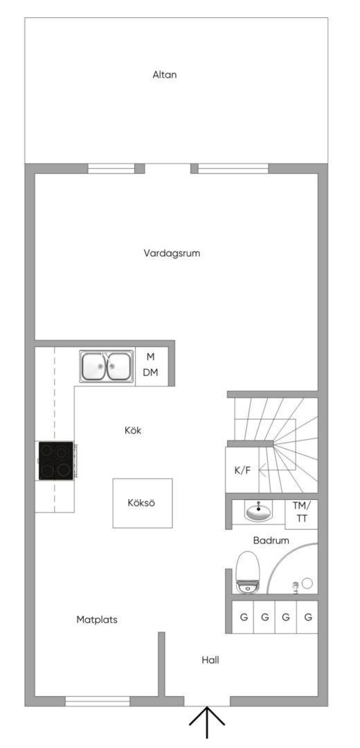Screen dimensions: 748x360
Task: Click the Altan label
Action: [165, 75]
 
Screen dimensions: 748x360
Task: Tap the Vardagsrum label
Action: [172, 253]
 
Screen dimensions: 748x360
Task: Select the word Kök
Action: [132, 431]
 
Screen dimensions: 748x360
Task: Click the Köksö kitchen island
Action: [143, 504]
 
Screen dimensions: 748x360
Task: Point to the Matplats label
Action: [97, 620]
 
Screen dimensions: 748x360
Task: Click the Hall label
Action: [210, 660]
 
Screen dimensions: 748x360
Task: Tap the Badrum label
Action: [271, 540]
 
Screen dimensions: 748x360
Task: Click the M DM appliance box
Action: [151, 365]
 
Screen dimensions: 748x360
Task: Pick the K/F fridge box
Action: [242, 470]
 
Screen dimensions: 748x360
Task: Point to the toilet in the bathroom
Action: [247, 573]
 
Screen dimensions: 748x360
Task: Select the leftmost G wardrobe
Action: [243, 616]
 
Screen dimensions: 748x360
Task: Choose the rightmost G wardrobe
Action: [309, 616]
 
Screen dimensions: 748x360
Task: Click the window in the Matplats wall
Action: [98, 702]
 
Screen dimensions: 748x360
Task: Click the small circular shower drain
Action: [307, 583]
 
